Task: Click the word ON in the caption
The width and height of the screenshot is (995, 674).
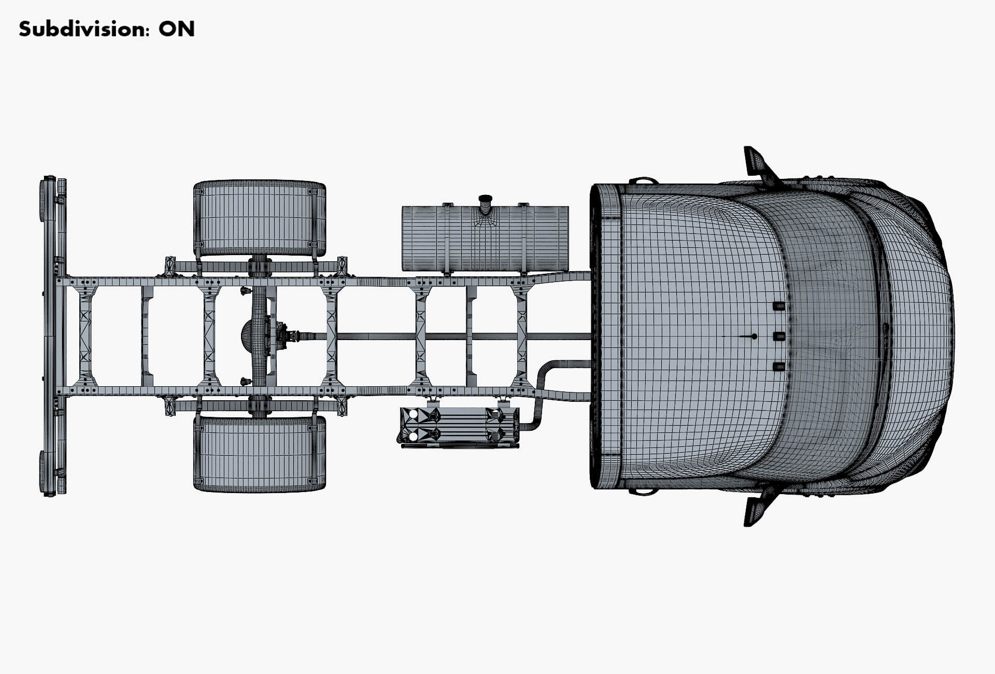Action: pyautogui.click(x=177, y=29)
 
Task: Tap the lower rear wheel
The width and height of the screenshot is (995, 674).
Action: pyautogui.click(x=260, y=454)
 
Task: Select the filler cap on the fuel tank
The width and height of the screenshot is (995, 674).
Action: pyautogui.click(x=485, y=200)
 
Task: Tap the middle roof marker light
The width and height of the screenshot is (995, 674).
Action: pyautogui.click(x=778, y=336)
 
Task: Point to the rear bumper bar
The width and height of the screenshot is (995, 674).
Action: pyautogui.click(x=49, y=336)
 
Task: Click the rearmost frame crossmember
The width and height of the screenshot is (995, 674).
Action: pyautogui.click(x=86, y=336)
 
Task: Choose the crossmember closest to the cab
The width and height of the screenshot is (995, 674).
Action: pyautogui.click(x=522, y=336)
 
